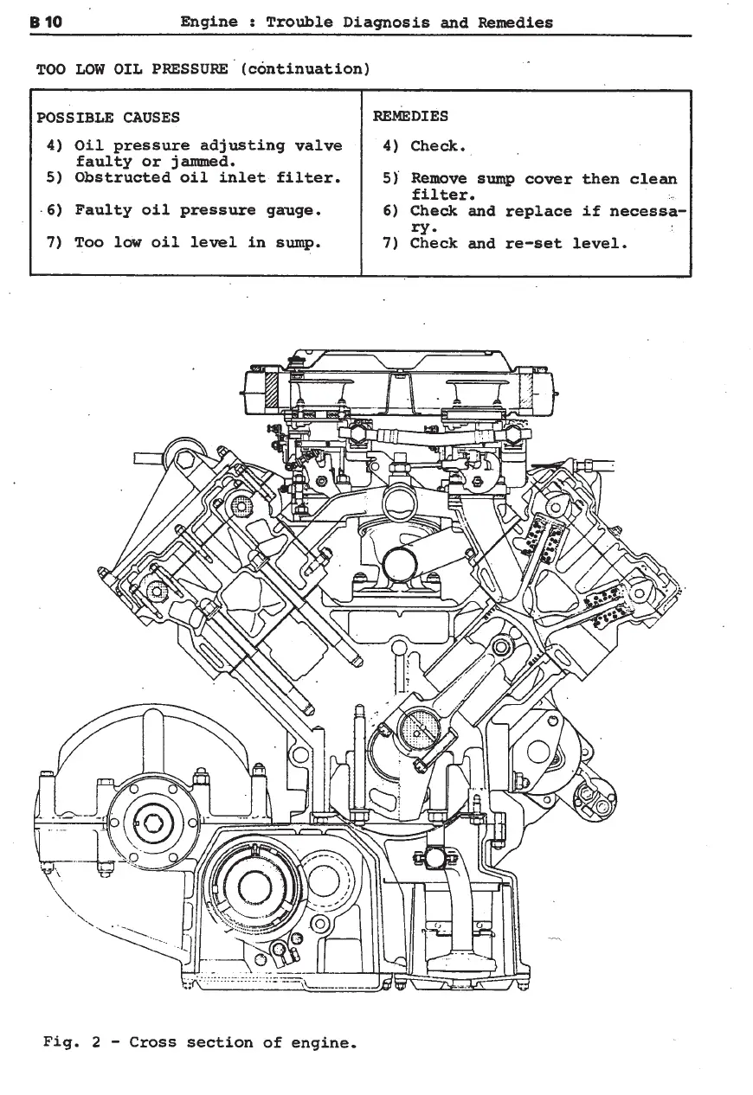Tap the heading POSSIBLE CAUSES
(x=108, y=118)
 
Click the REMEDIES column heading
(x=410, y=116)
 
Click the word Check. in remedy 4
(x=439, y=146)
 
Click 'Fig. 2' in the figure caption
(x=74, y=1042)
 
